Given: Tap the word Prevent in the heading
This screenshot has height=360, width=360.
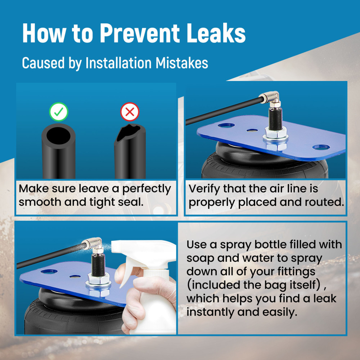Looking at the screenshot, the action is point(140,33).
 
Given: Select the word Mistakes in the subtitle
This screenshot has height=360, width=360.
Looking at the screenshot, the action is point(182,63).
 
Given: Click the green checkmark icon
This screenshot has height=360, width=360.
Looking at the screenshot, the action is point(59,112).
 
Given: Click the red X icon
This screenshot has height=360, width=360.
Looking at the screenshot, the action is point(130,112).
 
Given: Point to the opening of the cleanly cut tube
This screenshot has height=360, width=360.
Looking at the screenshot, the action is point(59,136).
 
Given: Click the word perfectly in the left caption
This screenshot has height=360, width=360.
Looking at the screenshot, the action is point(147,189).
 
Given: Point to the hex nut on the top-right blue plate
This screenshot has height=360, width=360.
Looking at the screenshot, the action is point(275,132).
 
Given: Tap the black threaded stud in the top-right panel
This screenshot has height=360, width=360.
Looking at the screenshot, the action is point(275,118).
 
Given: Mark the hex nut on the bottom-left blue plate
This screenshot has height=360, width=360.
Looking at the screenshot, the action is point(98,279).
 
